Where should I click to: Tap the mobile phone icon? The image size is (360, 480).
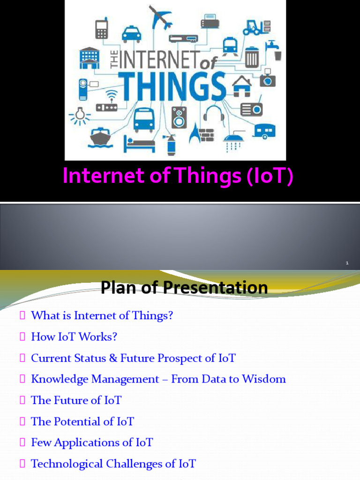pos(102,29)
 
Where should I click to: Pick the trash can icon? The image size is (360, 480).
pos(252,57)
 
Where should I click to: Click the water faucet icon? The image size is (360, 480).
pos(274,50)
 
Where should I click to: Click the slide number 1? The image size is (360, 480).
pos(347,263)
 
